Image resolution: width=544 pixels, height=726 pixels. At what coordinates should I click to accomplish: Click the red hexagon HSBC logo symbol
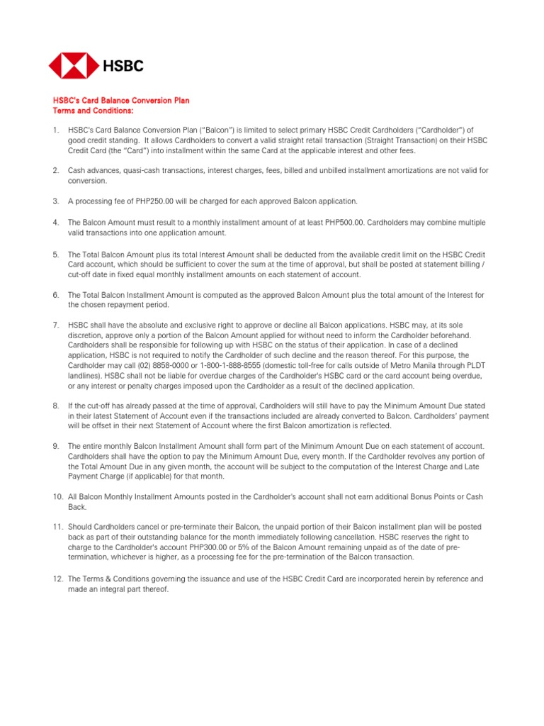tap(73, 65)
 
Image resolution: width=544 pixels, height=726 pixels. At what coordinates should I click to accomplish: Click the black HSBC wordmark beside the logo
tap(123, 66)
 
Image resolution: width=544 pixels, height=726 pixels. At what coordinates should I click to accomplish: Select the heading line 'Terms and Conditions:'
tap(93, 111)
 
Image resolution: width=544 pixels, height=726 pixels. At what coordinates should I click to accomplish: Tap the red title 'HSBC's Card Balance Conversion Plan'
tap(121, 101)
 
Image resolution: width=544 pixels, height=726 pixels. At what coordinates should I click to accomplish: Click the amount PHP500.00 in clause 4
tap(344, 223)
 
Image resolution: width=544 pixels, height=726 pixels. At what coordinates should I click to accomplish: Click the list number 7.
tap(56, 325)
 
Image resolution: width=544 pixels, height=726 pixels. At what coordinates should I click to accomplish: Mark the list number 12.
tap(58, 579)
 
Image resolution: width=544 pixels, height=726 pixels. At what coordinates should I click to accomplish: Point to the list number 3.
tap(56, 201)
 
